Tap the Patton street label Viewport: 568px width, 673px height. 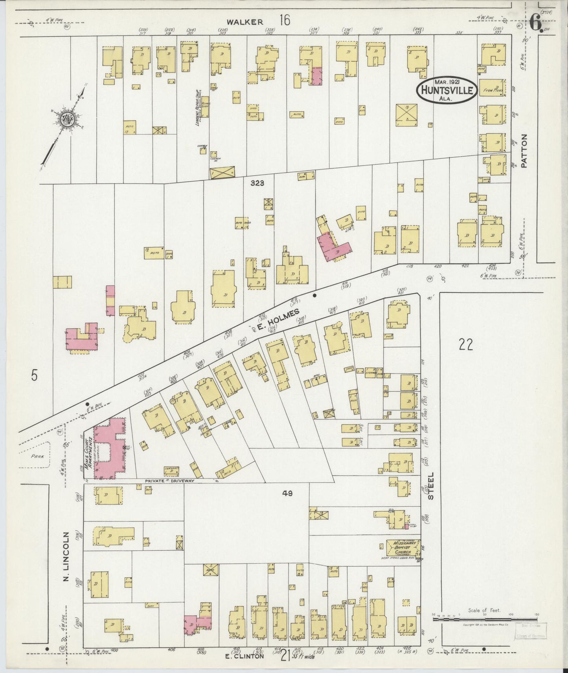(x=524, y=151)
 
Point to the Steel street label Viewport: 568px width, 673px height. (x=431, y=486)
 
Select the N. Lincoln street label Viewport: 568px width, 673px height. (x=66, y=557)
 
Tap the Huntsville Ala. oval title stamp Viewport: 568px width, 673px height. (x=447, y=90)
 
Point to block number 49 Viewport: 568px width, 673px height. (x=288, y=494)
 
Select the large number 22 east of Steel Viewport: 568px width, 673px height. (x=465, y=345)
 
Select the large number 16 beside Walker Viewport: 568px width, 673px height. (x=285, y=20)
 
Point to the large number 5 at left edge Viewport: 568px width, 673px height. (x=35, y=376)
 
